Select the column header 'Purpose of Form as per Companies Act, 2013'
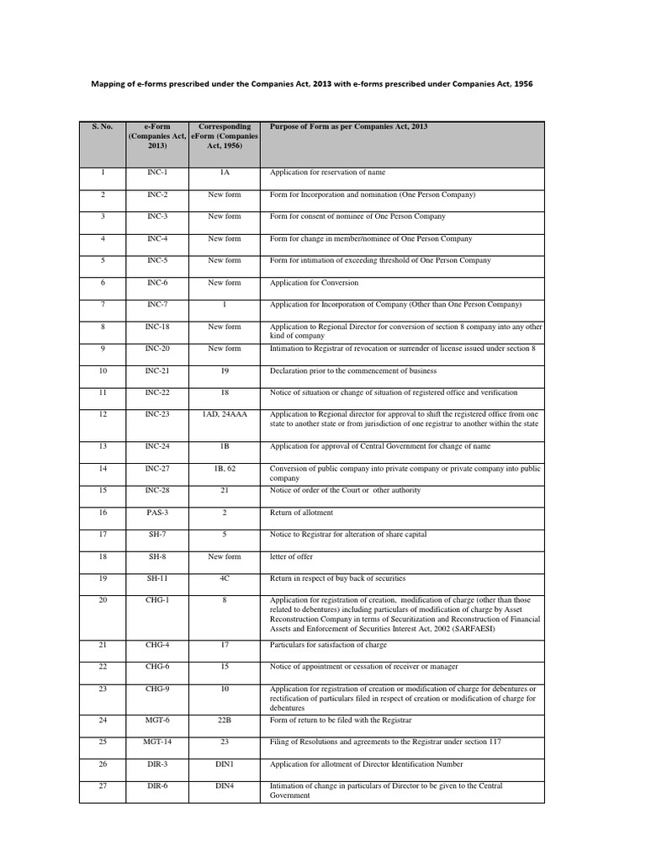tap(348, 126)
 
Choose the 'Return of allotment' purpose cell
tap(301, 512)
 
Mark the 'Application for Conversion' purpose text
tap(314, 283)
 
